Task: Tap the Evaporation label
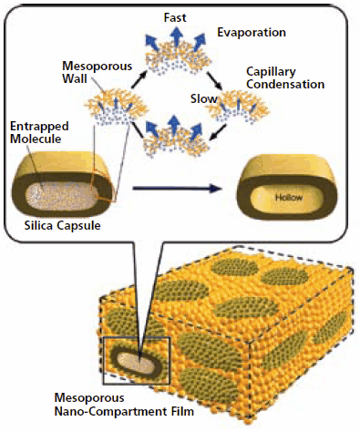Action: [252, 33]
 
